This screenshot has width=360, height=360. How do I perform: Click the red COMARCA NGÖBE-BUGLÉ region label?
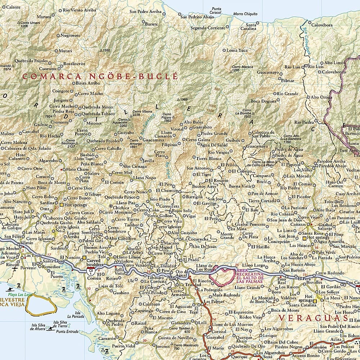point(100,76)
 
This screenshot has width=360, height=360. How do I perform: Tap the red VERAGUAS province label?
point(313,318)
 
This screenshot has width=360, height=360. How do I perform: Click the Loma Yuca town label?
point(237,50)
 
